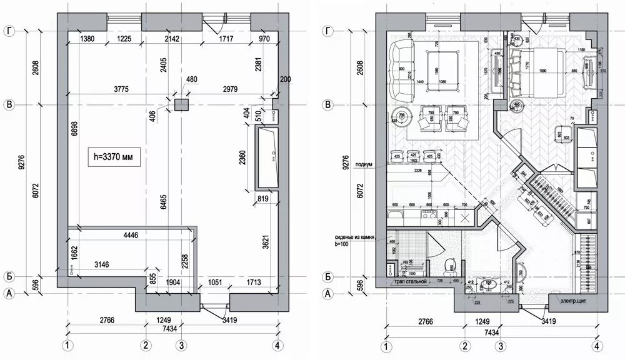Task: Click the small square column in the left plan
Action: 181,104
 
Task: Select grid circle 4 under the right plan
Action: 597,346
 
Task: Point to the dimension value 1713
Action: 253,282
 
